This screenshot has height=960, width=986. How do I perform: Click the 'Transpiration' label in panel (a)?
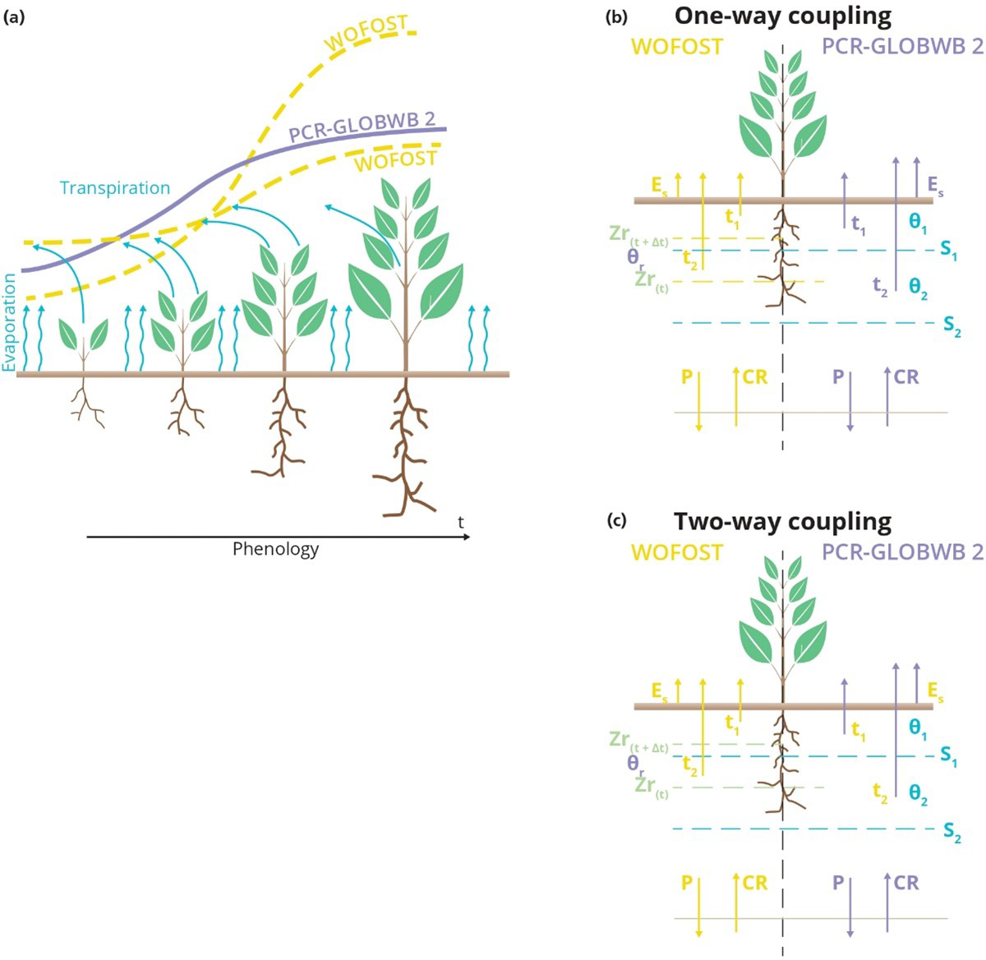coord(115,188)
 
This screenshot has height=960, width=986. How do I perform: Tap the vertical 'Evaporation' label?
coord(10,322)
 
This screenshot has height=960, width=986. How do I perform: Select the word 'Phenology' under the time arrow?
coord(275,549)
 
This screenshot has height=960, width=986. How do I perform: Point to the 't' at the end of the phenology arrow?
coord(460,522)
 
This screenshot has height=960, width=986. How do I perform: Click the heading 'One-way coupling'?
coord(782,16)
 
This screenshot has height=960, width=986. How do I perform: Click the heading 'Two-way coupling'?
coord(782,522)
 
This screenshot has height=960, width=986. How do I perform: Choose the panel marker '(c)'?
coord(616,521)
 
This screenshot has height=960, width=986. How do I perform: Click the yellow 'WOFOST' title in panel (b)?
coord(676,47)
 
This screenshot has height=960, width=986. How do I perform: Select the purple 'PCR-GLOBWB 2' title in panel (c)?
coord(902,552)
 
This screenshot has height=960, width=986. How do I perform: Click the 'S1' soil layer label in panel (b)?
coord(949,252)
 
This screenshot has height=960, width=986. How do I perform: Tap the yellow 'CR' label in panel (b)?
coord(754,377)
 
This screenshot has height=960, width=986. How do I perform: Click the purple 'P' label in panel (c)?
coord(838,883)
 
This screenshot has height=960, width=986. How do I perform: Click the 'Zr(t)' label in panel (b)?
coord(651,280)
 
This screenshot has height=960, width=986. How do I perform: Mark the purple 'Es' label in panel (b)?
coord(935,186)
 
